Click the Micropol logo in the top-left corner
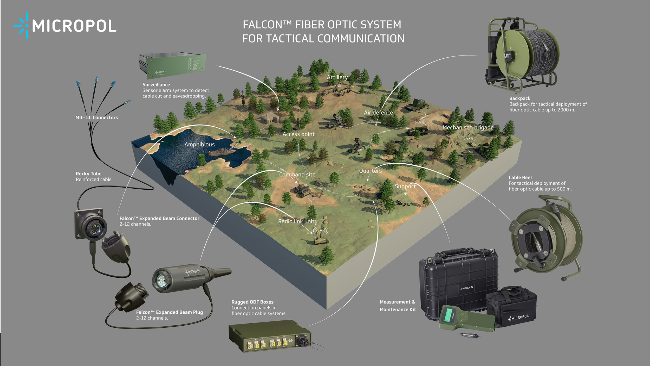[x=65, y=26]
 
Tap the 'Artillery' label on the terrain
[x=337, y=77]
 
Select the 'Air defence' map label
[x=378, y=113]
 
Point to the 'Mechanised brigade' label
[x=468, y=127]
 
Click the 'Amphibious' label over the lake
[x=199, y=144]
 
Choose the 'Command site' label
[x=297, y=175]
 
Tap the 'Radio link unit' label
[x=296, y=221]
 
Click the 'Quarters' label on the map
[x=370, y=171]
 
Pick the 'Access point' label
[x=298, y=134]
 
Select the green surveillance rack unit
[x=172, y=66]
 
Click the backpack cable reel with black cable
[x=523, y=55]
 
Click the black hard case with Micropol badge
[x=458, y=281]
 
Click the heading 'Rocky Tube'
[x=88, y=174]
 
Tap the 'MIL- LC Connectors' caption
[x=96, y=118]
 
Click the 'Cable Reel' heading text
[x=520, y=178]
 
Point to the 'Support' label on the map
[x=405, y=186]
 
